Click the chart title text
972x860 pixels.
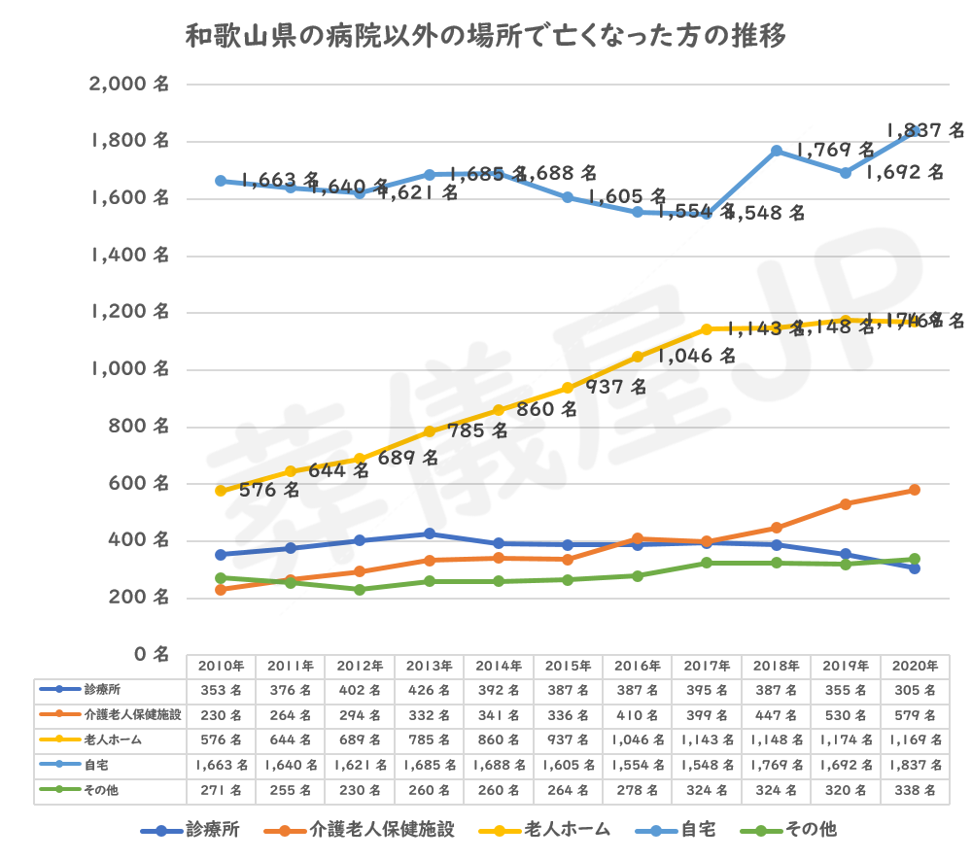[x=486, y=37]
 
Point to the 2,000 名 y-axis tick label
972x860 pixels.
[x=129, y=86]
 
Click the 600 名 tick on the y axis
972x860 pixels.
[x=138, y=484]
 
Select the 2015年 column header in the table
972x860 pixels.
[x=568, y=667]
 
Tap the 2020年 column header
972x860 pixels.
[x=916, y=667]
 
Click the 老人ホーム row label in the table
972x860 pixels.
[x=107, y=740]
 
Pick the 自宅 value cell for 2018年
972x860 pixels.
[x=776, y=766]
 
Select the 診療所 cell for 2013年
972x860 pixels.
[x=429, y=690]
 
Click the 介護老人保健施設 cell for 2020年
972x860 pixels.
[x=916, y=715]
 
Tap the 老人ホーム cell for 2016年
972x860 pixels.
[x=637, y=740]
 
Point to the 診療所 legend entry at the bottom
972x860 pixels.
[x=194, y=831]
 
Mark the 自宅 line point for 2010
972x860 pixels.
[x=221, y=181]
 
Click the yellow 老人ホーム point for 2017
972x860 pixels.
[x=707, y=328]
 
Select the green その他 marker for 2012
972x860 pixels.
[x=360, y=590]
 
